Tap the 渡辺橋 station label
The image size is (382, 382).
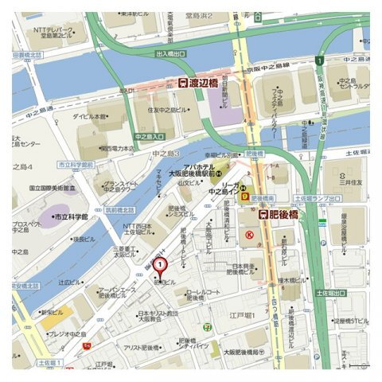click(198, 82)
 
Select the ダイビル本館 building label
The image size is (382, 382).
click(94, 116)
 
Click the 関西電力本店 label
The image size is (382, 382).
click(117, 148)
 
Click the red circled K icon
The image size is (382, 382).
click(249, 235)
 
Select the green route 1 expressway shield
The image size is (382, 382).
click(318, 60)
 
